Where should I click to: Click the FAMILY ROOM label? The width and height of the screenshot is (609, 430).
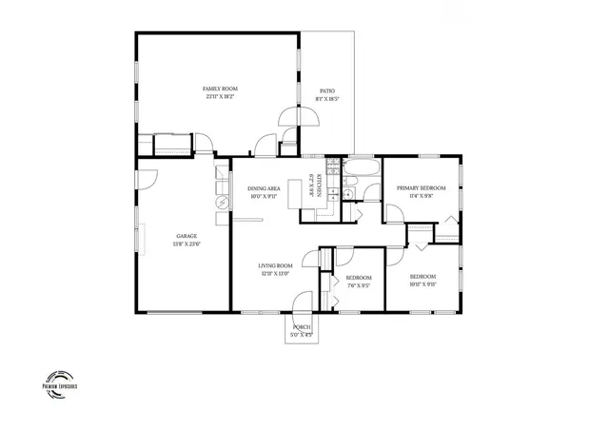(x=218, y=88)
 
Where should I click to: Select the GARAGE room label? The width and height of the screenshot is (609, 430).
(x=187, y=235)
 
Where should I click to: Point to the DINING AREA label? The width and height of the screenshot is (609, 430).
(x=263, y=188)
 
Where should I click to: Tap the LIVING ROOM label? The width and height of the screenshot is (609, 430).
(x=275, y=266)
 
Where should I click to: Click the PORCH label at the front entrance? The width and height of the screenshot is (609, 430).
(x=301, y=326)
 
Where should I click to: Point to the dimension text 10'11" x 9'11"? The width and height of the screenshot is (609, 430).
(x=422, y=283)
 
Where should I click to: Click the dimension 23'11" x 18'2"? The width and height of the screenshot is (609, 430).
(x=218, y=96)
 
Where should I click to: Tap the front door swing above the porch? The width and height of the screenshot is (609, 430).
(x=301, y=301)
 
